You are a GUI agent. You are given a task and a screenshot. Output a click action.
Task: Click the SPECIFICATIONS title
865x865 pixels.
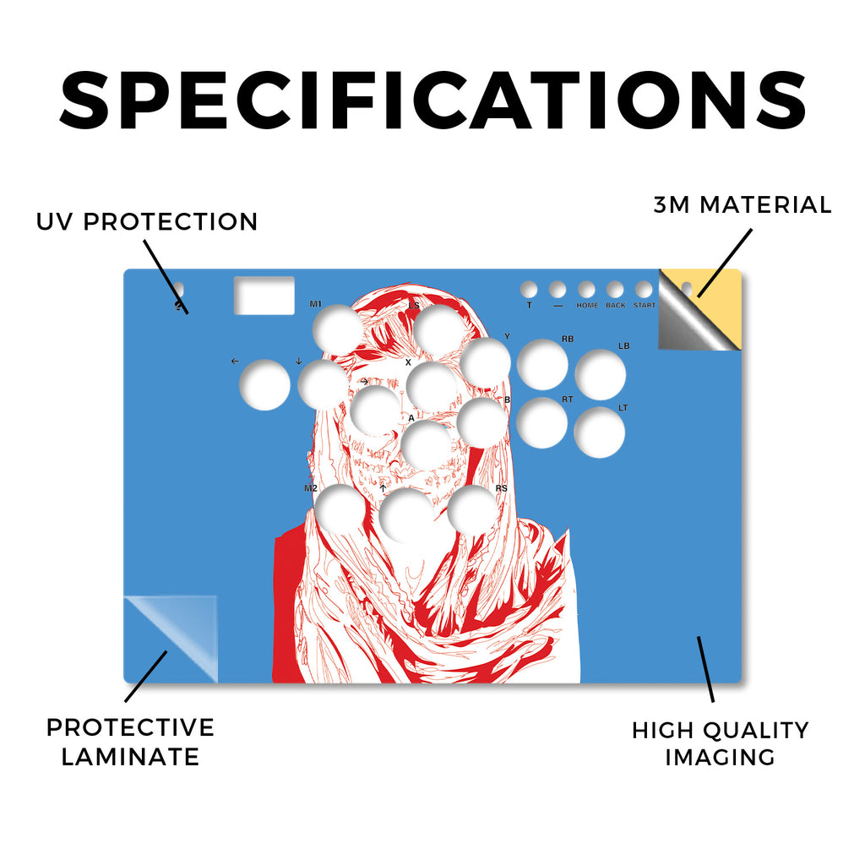click(x=433, y=101)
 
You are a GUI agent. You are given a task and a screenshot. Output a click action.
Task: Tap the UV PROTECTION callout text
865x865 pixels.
click(x=147, y=222)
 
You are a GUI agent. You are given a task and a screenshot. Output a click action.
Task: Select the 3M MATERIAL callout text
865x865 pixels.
click(x=743, y=204)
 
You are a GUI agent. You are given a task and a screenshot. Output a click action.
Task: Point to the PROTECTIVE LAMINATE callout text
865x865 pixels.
click(x=130, y=742)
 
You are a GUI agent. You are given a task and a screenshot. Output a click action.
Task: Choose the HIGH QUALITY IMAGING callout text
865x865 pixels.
click(x=721, y=743)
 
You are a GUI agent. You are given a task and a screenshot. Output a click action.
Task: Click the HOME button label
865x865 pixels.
click(x=587, y=305)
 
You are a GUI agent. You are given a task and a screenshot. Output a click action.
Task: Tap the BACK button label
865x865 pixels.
click(x=616, y=305)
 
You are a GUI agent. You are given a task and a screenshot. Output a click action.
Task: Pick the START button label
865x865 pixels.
click(x=645, y=305)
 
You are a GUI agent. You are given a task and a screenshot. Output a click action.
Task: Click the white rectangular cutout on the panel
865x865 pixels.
click(x=264, y=296)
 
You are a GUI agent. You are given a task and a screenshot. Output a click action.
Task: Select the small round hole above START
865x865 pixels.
click(x=644, y=289)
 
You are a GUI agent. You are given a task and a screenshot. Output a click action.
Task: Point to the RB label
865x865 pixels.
click(x=567, y=340)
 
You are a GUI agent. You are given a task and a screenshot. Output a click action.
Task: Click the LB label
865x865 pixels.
click(x=624, y=345)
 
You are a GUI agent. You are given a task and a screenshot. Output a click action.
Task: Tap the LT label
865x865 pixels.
click(x=623, y=408)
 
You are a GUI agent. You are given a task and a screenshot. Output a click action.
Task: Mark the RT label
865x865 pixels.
click(x=567, y=399)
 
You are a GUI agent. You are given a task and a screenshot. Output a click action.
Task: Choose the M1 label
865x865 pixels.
click(x=316, y=304)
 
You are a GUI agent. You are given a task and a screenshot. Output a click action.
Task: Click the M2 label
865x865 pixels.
click(x=311, y=488)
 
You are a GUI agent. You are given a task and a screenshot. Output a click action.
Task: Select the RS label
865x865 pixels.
click(x=501, y=488)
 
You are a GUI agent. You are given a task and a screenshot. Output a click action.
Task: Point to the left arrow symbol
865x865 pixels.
click(x=235, y=361)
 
